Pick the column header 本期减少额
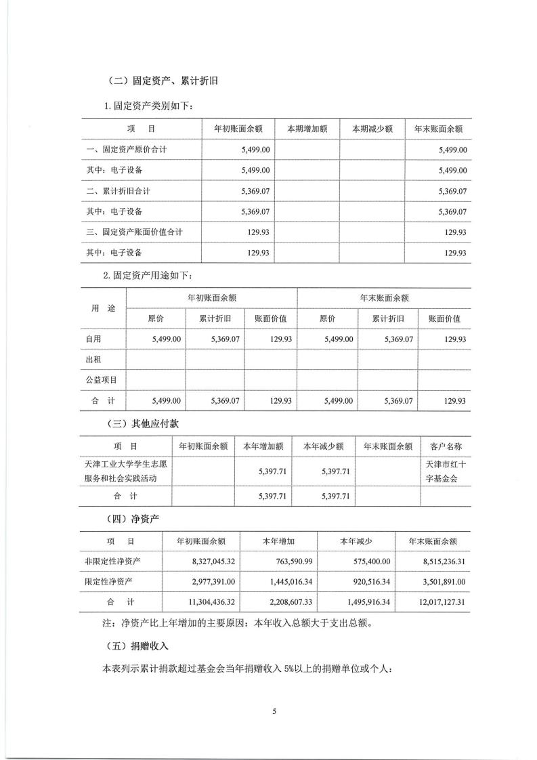click(x=372, y=129)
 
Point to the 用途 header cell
click(x=104, y=308)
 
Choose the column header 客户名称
click(x=446, y=446)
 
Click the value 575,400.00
click(x=366, y=562)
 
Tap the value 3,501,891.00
click(x=438, y=582)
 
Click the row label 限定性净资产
click(x=110, y=582)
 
